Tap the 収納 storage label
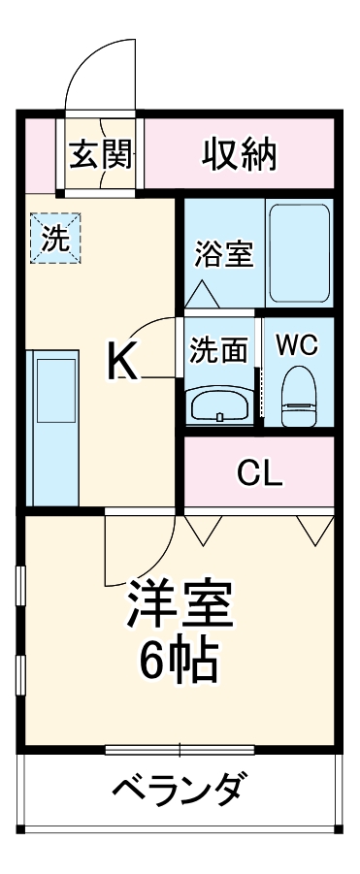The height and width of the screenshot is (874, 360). [240, 153]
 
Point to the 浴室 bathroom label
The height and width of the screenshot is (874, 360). [223, 254]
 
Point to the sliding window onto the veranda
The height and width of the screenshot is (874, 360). [180, 749]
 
